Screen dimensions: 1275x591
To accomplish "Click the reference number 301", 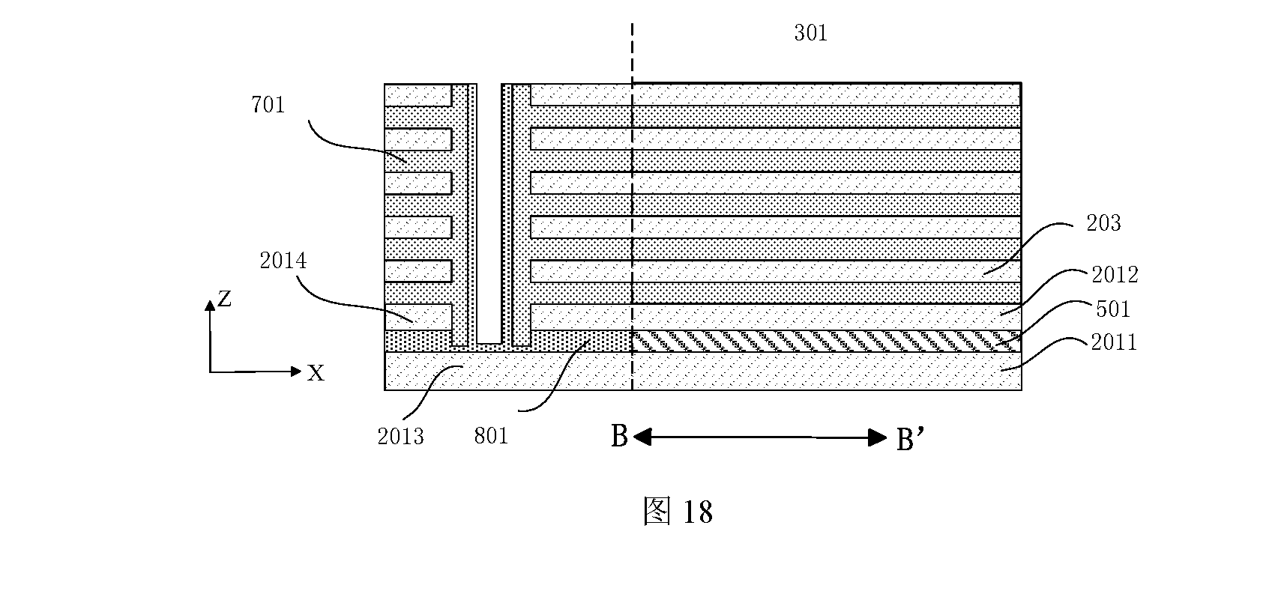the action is point(810,33).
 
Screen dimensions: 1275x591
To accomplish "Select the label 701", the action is point(268,105).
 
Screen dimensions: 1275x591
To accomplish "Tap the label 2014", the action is point(283,261).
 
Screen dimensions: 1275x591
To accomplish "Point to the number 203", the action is point(1103,223).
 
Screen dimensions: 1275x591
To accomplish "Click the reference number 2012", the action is point(1115,275).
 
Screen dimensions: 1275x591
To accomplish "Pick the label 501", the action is point(1113,309).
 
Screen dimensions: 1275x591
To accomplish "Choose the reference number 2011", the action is point(1113,342).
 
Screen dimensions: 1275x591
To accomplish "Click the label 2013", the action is point(401,436).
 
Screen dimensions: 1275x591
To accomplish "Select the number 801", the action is point(491,436).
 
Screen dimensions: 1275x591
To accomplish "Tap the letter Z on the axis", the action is point(225,299).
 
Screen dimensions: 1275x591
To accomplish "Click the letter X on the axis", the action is point(316,373).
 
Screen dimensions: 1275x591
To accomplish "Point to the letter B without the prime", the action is point(618,436).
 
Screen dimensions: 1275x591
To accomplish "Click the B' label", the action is point(909,438).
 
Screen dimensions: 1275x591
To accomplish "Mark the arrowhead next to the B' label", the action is point(878,437).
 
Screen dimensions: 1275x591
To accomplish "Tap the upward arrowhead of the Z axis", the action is point(210,305).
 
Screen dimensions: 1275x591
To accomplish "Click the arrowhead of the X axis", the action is point(296,372).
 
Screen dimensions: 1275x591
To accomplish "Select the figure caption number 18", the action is point(697,512).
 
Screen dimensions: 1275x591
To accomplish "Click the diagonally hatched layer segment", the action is point(827,341).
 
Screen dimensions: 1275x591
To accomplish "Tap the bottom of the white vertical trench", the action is point(489,343).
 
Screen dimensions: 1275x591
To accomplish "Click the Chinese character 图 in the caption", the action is point(657,511).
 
